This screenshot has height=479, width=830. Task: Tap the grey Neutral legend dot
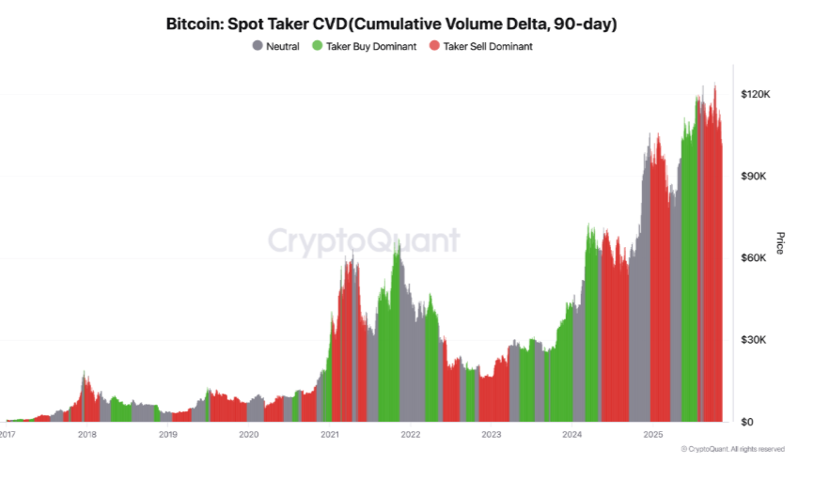click(258, 46)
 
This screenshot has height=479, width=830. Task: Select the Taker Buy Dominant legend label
click(370, 46)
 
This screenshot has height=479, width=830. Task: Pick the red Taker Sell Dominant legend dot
click(433, 46)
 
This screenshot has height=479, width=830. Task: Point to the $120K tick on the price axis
click(756, 95)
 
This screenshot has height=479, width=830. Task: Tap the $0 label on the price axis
click(748, 422)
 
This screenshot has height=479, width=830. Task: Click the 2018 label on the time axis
click(87, 435)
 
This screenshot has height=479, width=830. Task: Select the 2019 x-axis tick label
click(168, 435)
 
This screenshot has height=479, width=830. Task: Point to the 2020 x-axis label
click(249, 435)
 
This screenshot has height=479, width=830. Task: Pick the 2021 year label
click(330, 435)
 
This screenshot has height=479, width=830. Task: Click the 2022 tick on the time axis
click(411, 435)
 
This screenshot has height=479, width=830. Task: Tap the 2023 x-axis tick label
click(492, 435)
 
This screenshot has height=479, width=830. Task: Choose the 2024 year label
click(572, 435)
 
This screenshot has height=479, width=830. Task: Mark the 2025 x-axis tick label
click(653, 435)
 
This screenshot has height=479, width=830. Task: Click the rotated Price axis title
click(780, 242)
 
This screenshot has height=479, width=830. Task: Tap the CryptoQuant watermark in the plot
click(365, 241)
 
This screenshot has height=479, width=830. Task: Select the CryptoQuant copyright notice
click(733, 450)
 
